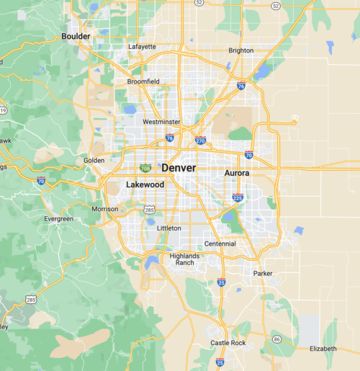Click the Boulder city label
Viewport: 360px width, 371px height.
click(76, 36)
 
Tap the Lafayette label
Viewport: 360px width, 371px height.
click(142, 47)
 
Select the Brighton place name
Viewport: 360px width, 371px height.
click(240, 50)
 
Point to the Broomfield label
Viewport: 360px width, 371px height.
click(143, 82)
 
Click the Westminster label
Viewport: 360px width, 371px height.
click(162, 122)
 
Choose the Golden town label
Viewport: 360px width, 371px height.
click(94, 160)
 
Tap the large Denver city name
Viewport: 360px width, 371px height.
click(179, 168)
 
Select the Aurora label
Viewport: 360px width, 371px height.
click(237, 174)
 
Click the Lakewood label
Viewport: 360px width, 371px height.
click(145, 185)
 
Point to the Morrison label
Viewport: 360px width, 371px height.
click(105, 209)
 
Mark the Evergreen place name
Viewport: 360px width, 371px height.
click(58, 219)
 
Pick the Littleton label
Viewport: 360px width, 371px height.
click(169, 228)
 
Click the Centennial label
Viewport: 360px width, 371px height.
click(220, 243)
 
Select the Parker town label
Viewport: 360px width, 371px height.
click(263, 274)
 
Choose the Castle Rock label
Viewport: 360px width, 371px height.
click(228, 343)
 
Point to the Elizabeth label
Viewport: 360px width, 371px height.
click(323, 349)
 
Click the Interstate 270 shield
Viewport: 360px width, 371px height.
click(200, 142)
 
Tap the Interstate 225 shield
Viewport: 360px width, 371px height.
click(238, 197)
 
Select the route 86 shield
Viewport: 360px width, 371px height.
click(277, 338)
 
